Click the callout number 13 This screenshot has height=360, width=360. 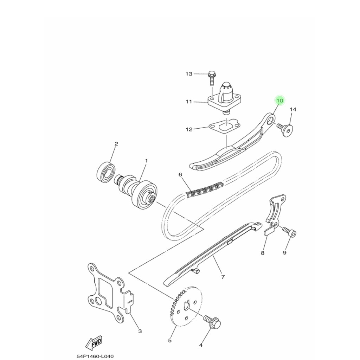tap(189, 74)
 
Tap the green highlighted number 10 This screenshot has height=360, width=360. tap(279, 101)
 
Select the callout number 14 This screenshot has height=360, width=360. tap(293, 110)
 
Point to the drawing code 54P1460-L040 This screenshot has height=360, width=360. tap(95, 356)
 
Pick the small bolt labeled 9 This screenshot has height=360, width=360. tap(291, 232)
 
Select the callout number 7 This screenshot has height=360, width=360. tap(223, 277)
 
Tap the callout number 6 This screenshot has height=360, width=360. tap(180, 174)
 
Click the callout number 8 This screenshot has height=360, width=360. tap(263, 252)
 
